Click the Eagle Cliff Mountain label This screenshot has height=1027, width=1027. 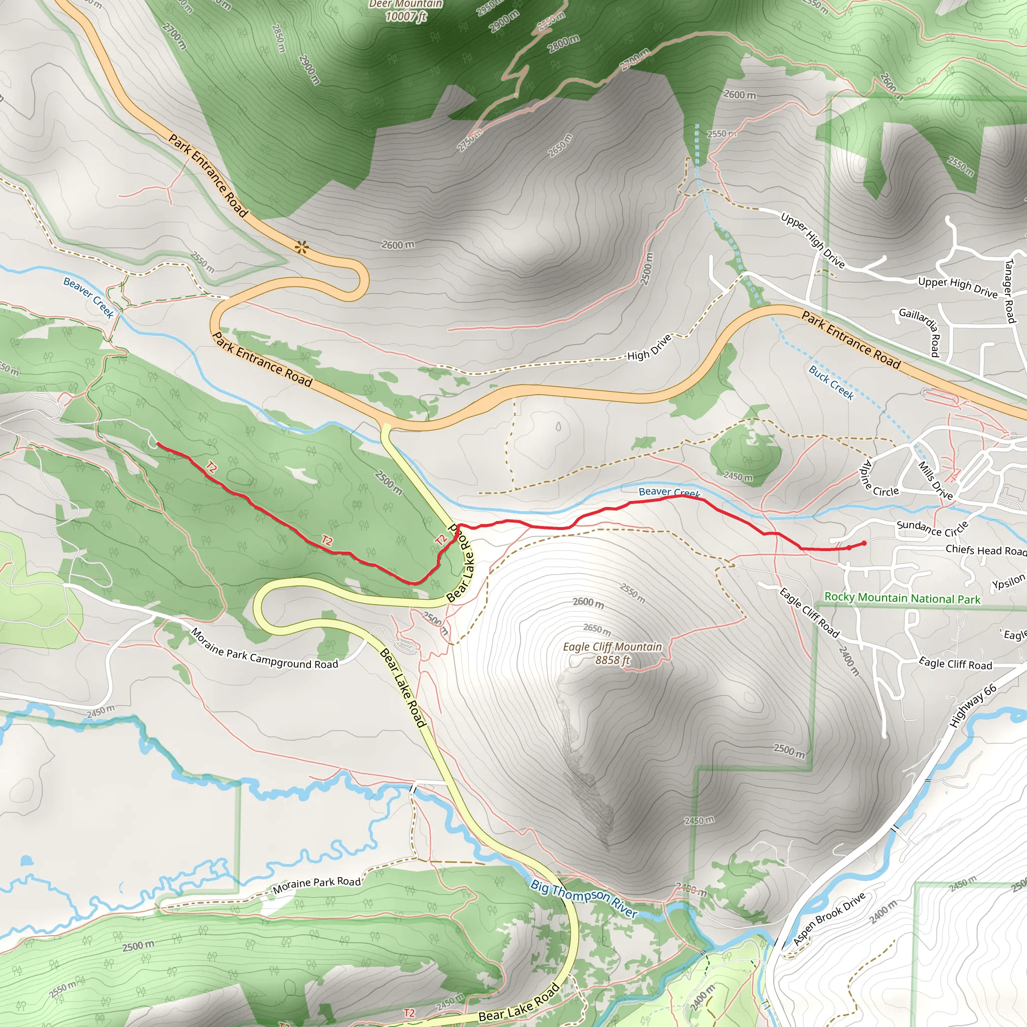pyautogui.click(x=612, y=647)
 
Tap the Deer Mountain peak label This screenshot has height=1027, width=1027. pyautogui.click(x=406, y=4)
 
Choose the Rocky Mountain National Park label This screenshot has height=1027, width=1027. pyautogui.click(x=902, y=598)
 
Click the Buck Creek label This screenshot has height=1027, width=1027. pyautogui.click(x=831, y=383)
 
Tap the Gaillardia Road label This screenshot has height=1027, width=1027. pyautogui.click(x=920, y=331)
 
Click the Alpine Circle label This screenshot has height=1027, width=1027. pyautogui.click(x=879, y=480)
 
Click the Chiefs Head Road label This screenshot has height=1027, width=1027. pyautogui.click(x=985, y=550)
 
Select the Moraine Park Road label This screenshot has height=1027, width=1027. pyautogui.click(x=317, y=885)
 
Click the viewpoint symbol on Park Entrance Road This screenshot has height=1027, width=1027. pyautogui.click(x=302, y=247)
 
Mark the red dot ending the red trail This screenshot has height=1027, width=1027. pyautogui.click(x=864, y=543)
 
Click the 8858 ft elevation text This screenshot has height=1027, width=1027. pyautogui.click(x=612, y=660)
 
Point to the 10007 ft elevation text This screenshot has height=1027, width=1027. pyautogui.click(x=406, y=17)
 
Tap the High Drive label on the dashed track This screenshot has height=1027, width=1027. pyautogui.click(x=649, y=348)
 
